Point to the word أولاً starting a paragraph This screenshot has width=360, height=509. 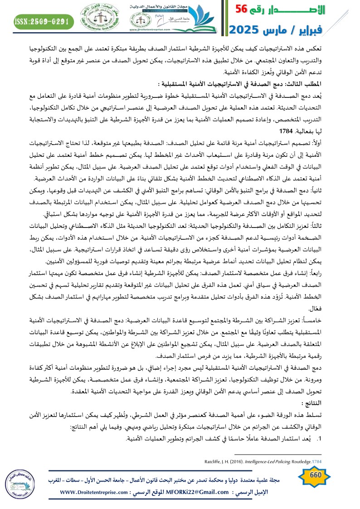tap(346, 142)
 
